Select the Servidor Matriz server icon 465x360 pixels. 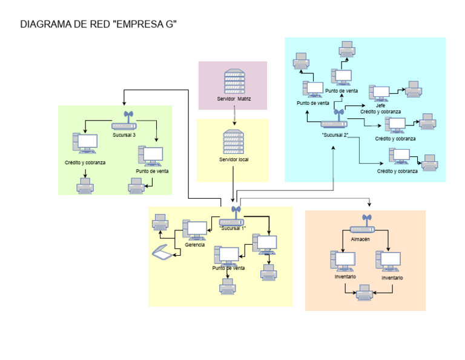coord(234,81)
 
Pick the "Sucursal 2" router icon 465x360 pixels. coord(335,121)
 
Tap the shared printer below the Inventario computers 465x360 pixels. coord(364,294)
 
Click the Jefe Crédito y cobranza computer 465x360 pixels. coord(380,93)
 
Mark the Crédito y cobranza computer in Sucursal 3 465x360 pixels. coord(84,144)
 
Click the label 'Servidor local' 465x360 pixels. coord(234,160)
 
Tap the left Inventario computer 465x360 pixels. coord(343,261)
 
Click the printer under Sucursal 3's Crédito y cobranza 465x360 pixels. coord(85,186)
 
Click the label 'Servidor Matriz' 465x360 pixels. coord(234,98)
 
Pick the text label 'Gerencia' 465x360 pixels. coord(195,245)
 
